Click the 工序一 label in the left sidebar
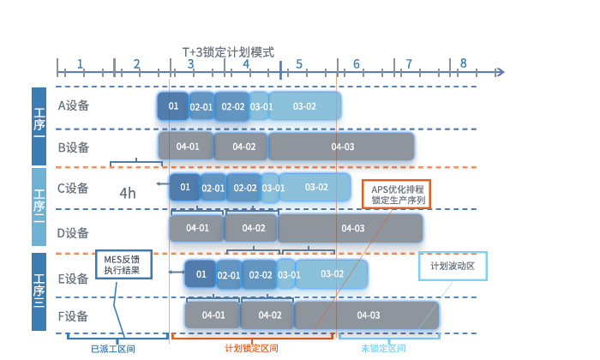click(39, 124)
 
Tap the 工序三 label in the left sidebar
click(39, 291)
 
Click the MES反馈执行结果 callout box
click(123, 264)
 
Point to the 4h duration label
click(127, 194)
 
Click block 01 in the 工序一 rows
click(173, 106)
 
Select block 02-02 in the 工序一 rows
click(232, 107)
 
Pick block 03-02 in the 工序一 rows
click(304, 107)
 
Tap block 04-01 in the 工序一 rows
click(187, 147)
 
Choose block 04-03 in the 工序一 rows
click(342, 147)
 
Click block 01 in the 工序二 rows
click(184, 187)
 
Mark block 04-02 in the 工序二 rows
click(253, 228)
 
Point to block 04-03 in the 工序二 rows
click(352, 228)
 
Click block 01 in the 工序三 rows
click(200, 274)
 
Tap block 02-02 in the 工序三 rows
click(261, 275)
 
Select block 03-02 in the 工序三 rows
click(332, 274)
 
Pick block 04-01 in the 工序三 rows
click(213, 315)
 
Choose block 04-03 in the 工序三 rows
click(369, 315)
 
